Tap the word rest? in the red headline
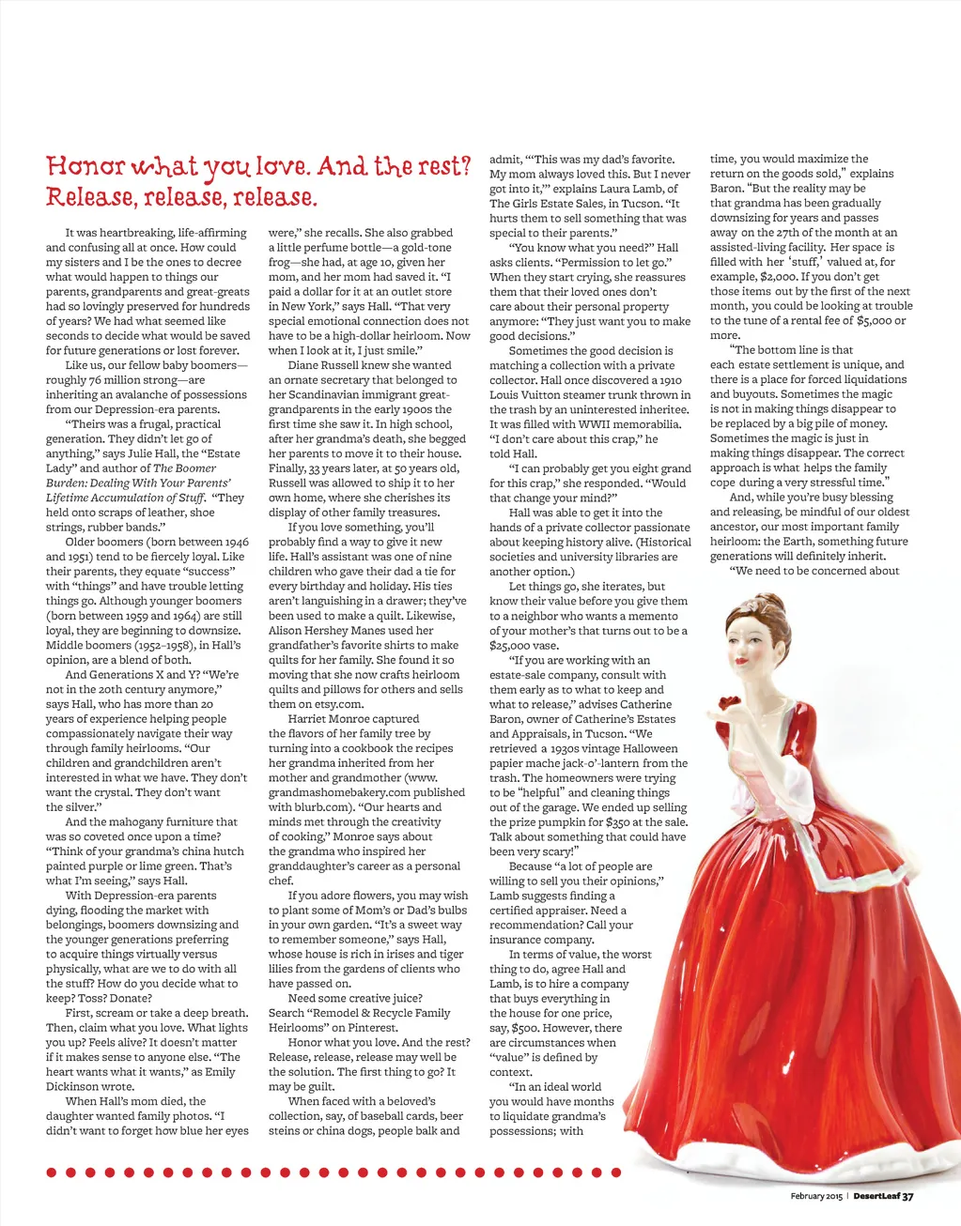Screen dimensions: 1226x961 tap(442, 167)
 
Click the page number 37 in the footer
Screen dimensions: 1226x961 tap(907, 1196)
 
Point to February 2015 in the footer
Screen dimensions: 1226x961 tap(815, 1196)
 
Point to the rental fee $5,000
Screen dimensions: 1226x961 tap(869, 321)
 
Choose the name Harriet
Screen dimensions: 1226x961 tap(308, 719)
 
